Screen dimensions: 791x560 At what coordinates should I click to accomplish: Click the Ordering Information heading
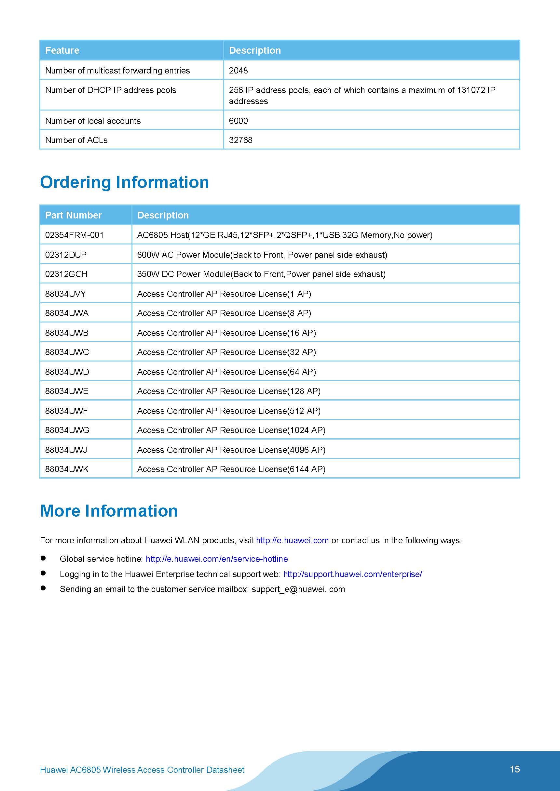(x=125, y=182)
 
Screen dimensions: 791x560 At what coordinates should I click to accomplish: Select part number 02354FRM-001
(x=74, y=235)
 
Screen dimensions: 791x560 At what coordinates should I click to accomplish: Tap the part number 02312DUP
(x=66, y=255)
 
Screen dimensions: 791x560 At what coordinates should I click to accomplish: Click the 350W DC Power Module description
(x=261, y=274)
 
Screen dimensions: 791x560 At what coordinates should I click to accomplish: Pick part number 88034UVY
(x=65, y=294)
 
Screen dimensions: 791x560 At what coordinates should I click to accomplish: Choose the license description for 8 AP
(x=224, y=313)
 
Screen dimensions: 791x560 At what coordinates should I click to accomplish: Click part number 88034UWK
(x=67, y=469)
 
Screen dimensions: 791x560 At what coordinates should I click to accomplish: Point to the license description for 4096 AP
(x=231, y=450)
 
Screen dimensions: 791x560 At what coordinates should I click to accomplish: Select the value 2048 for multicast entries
(x=238, y=71)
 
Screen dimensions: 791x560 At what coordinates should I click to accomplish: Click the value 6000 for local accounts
(x=238, y=121)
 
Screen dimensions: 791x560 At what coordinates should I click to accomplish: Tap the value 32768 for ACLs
(x=240, y=140)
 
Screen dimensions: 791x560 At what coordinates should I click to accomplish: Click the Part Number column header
(x=74, y=215)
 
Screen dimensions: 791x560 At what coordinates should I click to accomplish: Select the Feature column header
(x=62, y=50)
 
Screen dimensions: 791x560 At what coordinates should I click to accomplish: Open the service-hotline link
(x=217, y=559)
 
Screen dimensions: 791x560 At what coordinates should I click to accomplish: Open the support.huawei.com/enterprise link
(x=352, y=574)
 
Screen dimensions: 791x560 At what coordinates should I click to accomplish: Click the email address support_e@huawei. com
(x=298, y=589)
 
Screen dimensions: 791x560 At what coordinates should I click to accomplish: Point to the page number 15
(x=514, y=769)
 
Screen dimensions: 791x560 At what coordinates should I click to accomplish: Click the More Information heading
(x=109, y=511)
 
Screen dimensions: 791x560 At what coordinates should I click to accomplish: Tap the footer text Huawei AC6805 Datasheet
(x=142, y=770)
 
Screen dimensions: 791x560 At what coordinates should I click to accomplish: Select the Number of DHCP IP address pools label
(x=111, y=90)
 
